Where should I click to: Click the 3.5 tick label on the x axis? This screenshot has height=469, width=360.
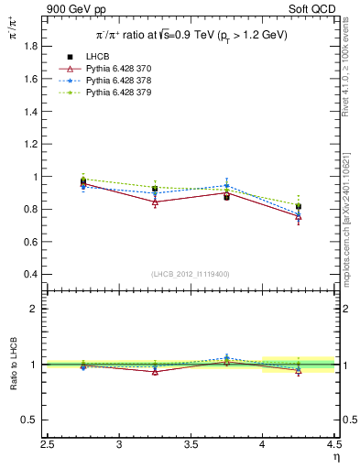(191, 446)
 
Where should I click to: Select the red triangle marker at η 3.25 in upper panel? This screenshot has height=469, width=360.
(155, 202)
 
